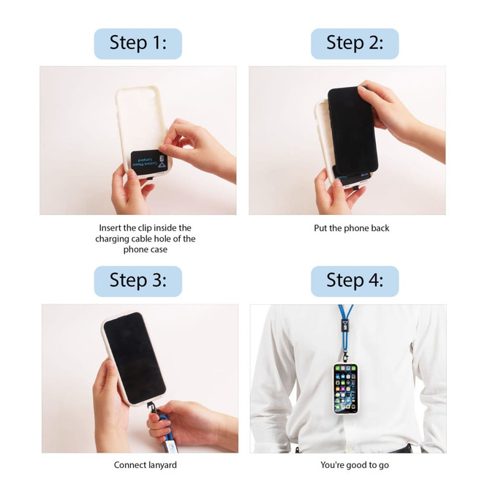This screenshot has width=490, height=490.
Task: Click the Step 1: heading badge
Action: tap(137, 43)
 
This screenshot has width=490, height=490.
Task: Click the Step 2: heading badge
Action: tap(355, 43)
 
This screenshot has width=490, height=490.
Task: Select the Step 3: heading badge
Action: tap(137, 281)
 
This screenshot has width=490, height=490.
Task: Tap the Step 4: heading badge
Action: tap(355, 281)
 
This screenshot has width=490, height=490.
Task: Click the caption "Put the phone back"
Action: tap(352, 228)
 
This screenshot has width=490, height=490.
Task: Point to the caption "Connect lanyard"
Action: tap(145, 465)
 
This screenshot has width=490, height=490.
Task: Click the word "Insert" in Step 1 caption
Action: tap(112, 228)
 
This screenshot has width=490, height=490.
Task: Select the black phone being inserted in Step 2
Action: tap(351, 128)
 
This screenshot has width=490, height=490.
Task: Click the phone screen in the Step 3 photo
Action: tap(133, 358)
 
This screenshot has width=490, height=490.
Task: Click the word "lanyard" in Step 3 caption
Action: tap(160, 465)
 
